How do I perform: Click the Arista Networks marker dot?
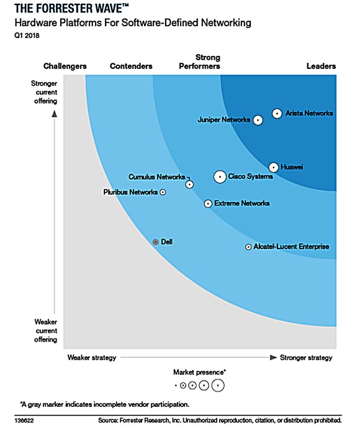pos(277,114)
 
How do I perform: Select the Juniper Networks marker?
pos(257,120)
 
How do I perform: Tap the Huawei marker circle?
pos(274,167)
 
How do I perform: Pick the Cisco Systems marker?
pos(220,177)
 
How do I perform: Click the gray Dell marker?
pos(156,242)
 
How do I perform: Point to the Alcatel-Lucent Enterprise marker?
pos(248,247)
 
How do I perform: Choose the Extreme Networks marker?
pos(208,204)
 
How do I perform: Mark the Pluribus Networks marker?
pos(163,193)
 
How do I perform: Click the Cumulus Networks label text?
pos(156,177)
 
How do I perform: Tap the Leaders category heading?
pos(321,66)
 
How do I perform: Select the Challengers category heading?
pos(65,66)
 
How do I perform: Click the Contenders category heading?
pos(131,66)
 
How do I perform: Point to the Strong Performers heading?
pos(199,62)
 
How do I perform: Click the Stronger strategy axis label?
pos(306,358)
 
